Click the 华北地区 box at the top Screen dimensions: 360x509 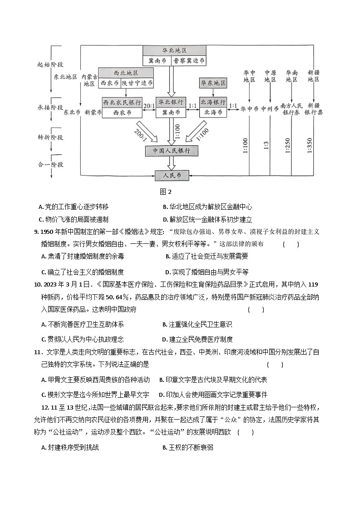(175, 50)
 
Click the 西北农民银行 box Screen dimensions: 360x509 (122, 102)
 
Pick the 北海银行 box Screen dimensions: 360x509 (213, 102)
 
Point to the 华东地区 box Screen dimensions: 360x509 (213, 83)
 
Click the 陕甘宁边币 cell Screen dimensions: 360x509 (138, 84)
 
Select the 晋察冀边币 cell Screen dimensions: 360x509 (188, 60)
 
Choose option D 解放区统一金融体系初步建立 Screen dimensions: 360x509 (207, 219)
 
